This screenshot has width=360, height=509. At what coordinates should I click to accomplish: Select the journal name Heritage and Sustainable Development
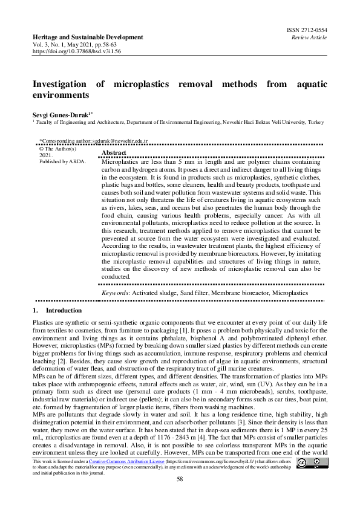(x=88, y=37)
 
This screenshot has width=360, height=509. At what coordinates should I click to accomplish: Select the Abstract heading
(x=114, y=154)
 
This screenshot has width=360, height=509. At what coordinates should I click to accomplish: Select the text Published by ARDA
(x=62, y=162)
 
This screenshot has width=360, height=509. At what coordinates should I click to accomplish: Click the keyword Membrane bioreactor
(x=240, y=293)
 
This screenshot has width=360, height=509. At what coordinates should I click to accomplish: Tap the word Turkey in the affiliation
(x=316, y=122)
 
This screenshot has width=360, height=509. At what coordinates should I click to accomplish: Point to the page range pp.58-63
(x=105, y=45)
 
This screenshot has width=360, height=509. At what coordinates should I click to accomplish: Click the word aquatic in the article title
(x=309, y=84)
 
